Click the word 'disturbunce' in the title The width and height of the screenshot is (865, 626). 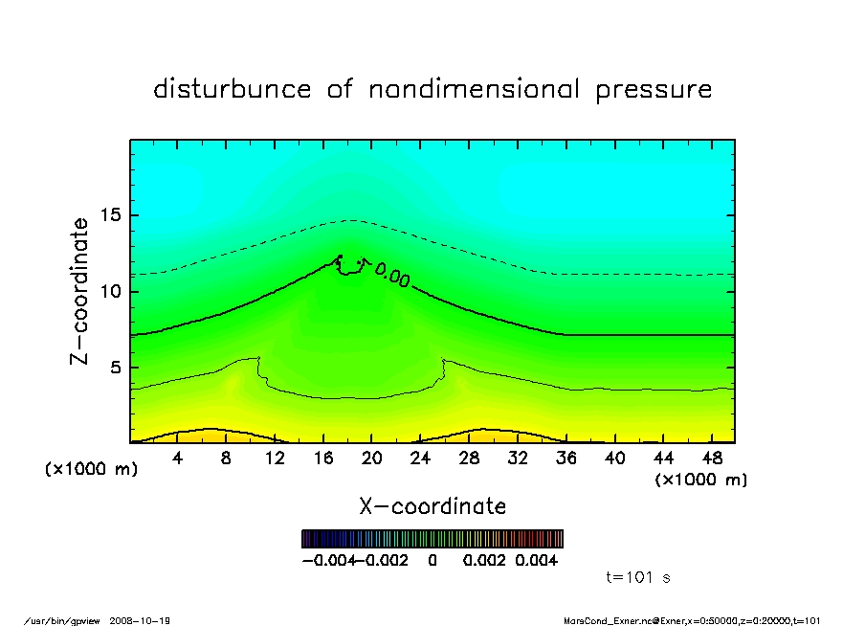click(x=233, y=90)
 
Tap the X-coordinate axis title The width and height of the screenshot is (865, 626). click(x=432, y=506)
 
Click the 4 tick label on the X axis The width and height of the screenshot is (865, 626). click(x=178, y=458)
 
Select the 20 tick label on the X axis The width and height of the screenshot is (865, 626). click(x=371, y=458)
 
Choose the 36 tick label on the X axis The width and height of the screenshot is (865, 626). click(x=566, y=458)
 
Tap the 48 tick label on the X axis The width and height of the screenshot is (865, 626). click(x=712, y=458)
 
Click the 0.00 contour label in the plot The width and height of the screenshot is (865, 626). click(x=392, y=277)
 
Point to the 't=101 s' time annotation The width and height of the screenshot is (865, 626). click(x=638, y=577)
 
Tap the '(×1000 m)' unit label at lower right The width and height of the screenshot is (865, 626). click(x=701, y=480)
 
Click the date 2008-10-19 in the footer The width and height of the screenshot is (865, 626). click(x=146, y=620)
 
